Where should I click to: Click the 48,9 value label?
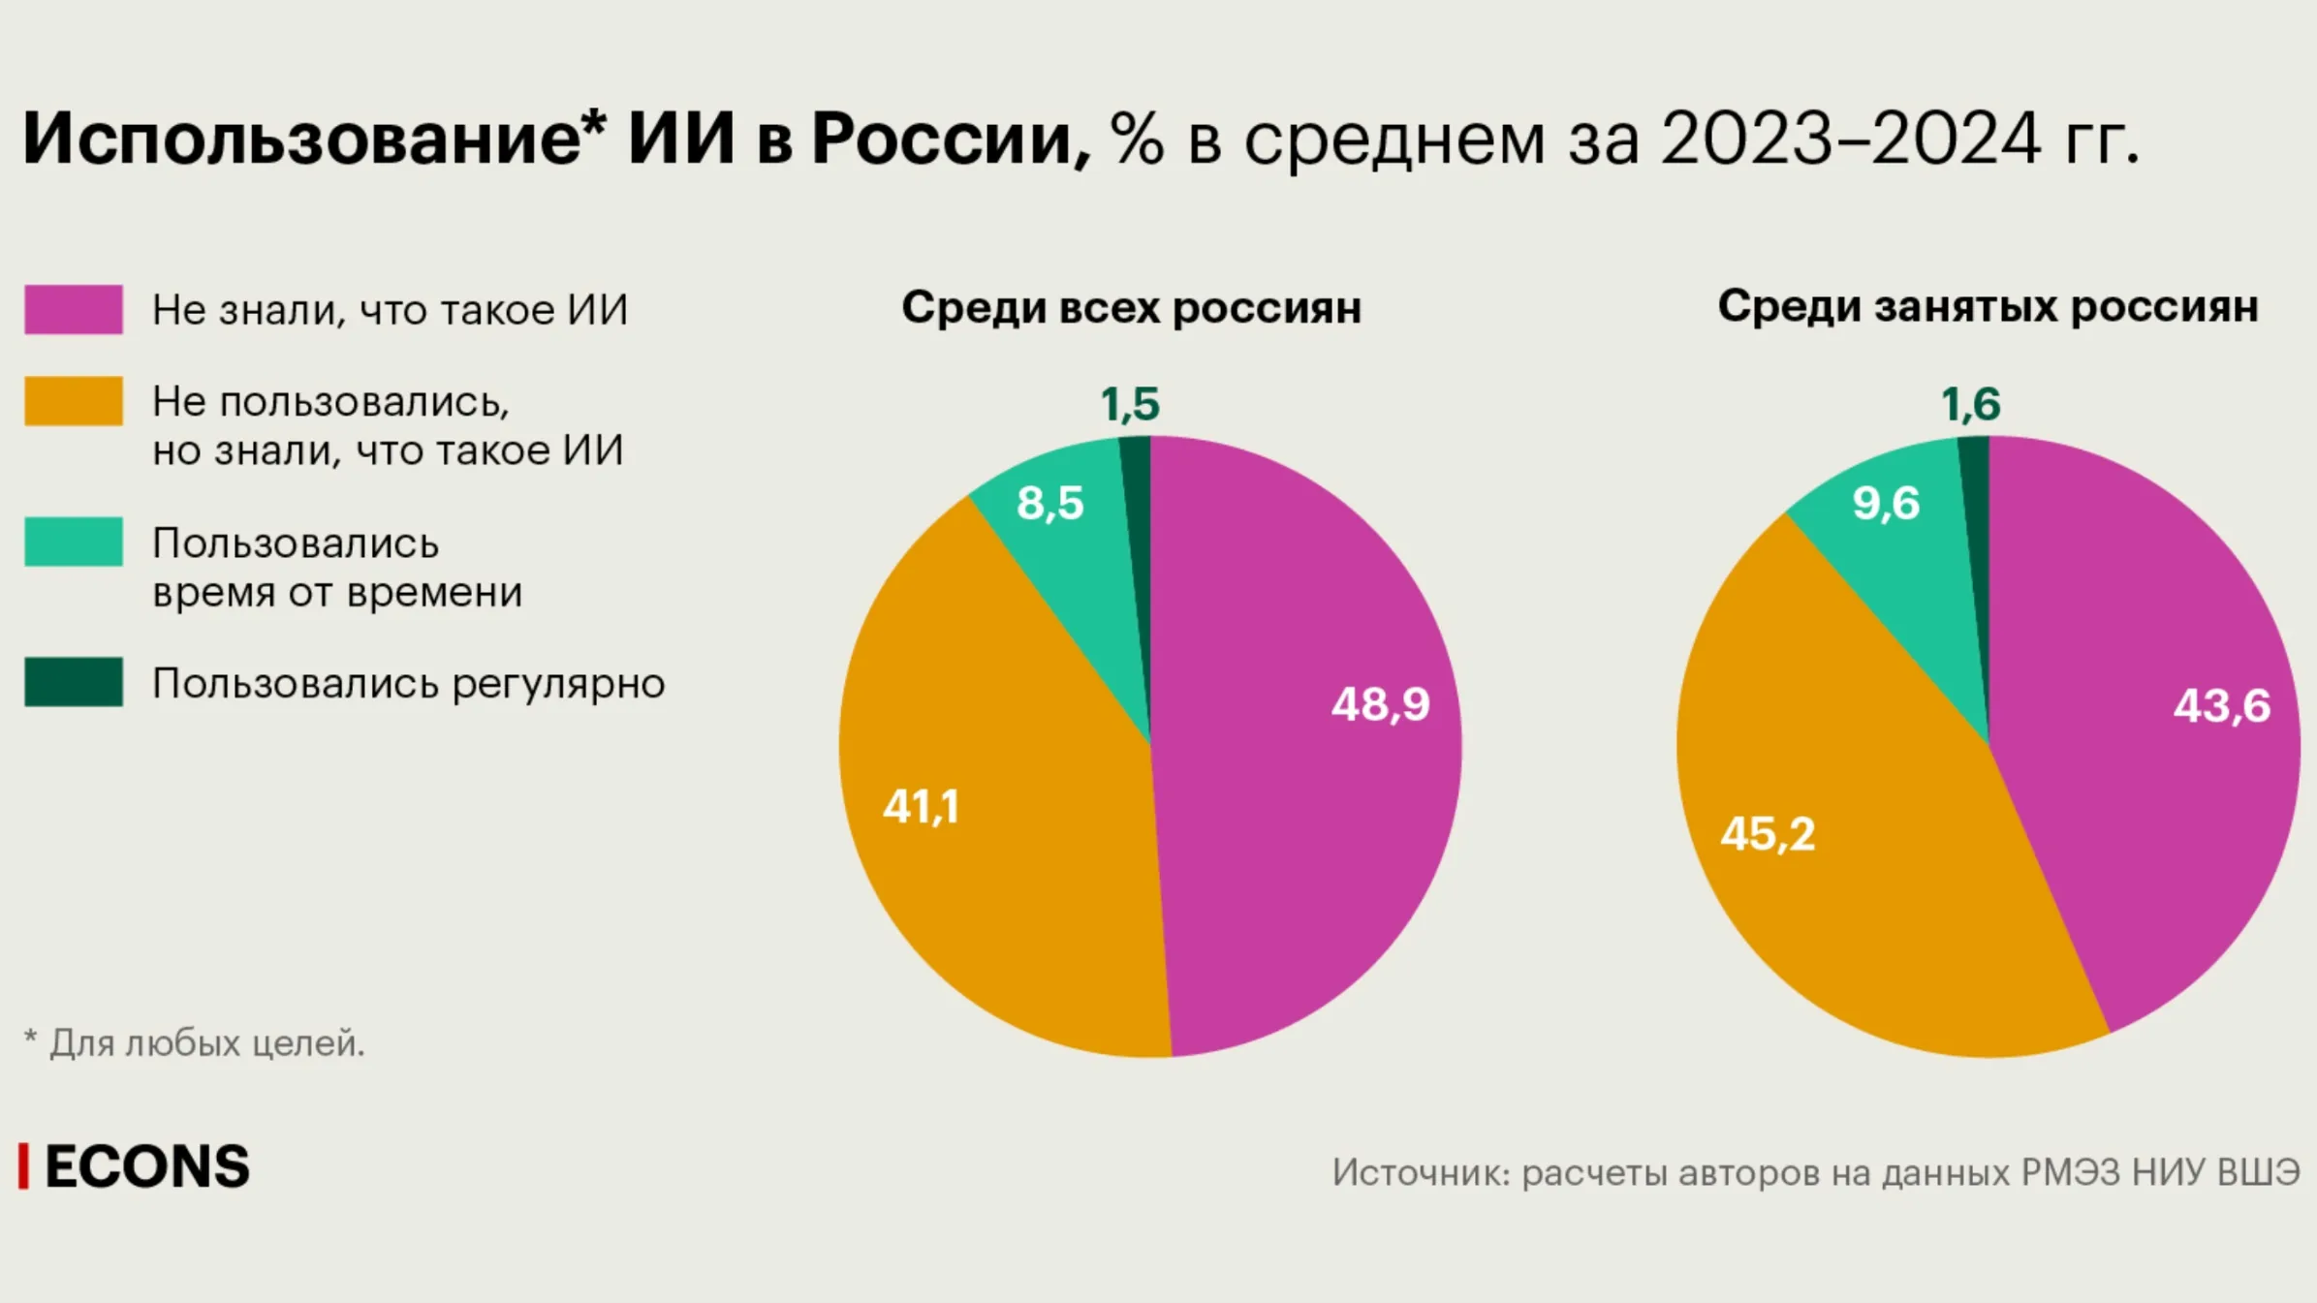click(1380, 704)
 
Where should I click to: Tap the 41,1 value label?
click(921, 807)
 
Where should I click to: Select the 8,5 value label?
click(1050, 504)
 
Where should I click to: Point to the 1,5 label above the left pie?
click(1130, 404)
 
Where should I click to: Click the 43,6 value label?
click(2222, 705)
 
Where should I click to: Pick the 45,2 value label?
click(1768, 834)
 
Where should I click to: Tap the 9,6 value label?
click(1886, 504)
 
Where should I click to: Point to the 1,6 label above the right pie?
click(1970, 404)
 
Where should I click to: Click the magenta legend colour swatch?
click(74, 309)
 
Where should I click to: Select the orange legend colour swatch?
click(74, 401)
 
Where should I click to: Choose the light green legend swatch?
click(74, 542)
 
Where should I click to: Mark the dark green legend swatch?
click(74, 682)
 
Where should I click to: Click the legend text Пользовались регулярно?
click(408, 684)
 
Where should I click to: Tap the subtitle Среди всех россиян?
click(1131, 308)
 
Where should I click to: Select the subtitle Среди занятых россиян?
click(1988, 307)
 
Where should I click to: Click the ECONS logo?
click(135, 1166)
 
